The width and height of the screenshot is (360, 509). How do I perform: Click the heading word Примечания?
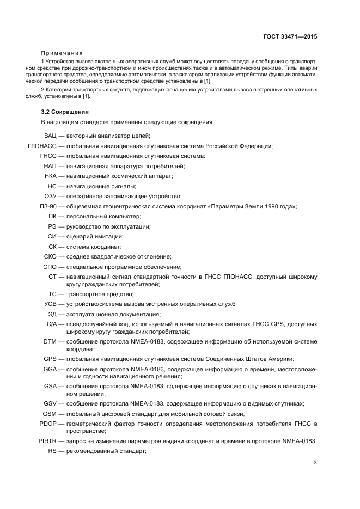tap(62, 53)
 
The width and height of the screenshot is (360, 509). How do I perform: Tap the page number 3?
tap(315, 463)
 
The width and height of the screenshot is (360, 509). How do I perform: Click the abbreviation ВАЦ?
tap(51, 136)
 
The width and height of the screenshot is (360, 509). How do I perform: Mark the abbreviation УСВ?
tap(50, 304)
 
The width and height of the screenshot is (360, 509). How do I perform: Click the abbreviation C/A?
tap(52, 324)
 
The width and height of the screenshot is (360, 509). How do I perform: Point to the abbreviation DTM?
tap(50, 341)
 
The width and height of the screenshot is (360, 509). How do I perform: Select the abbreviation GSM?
tap(50, 413)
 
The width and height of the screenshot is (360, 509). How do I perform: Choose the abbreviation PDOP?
tap(48, 423)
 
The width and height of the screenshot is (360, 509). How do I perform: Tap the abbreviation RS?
tap(52, 451)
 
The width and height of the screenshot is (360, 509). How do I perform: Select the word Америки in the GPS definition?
tap(282, 359)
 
